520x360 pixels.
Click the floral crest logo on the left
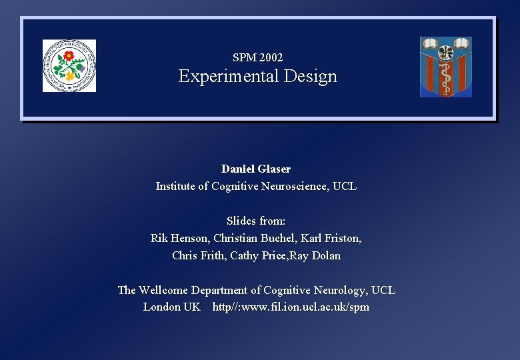[69, 65]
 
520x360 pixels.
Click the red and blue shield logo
[446, 67]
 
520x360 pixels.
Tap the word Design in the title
[310, 77]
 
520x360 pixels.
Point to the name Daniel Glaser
[256, 169]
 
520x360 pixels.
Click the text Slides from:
[256, 221]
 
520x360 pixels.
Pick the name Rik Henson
[179, 238]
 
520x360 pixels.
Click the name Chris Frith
[198, 255]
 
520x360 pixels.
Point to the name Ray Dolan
[317, 255]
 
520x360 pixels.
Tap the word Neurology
[339, 290]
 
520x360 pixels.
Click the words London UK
[171, 307]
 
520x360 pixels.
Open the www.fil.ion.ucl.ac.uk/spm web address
[291, 307]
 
